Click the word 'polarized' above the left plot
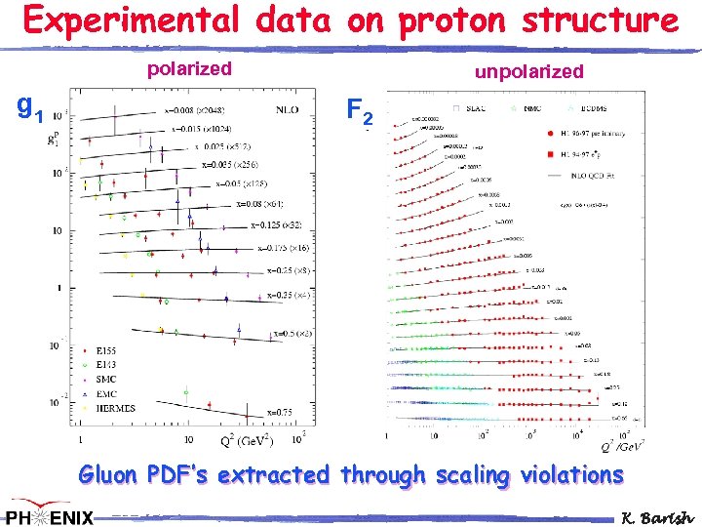(x=189, y=68)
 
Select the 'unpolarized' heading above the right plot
(x=528, y=71)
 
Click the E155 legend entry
(x=107, y=349)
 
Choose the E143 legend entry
(x=107, y=364)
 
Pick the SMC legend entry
(x=106, y=379)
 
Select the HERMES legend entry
(x=113, y=408)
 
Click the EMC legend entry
(x=106, y=393)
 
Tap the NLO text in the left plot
(x=289, y=110)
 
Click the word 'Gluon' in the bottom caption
(x=110, y=475)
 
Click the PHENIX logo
(x=49, y=515)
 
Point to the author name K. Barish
(x=657, y=516)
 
